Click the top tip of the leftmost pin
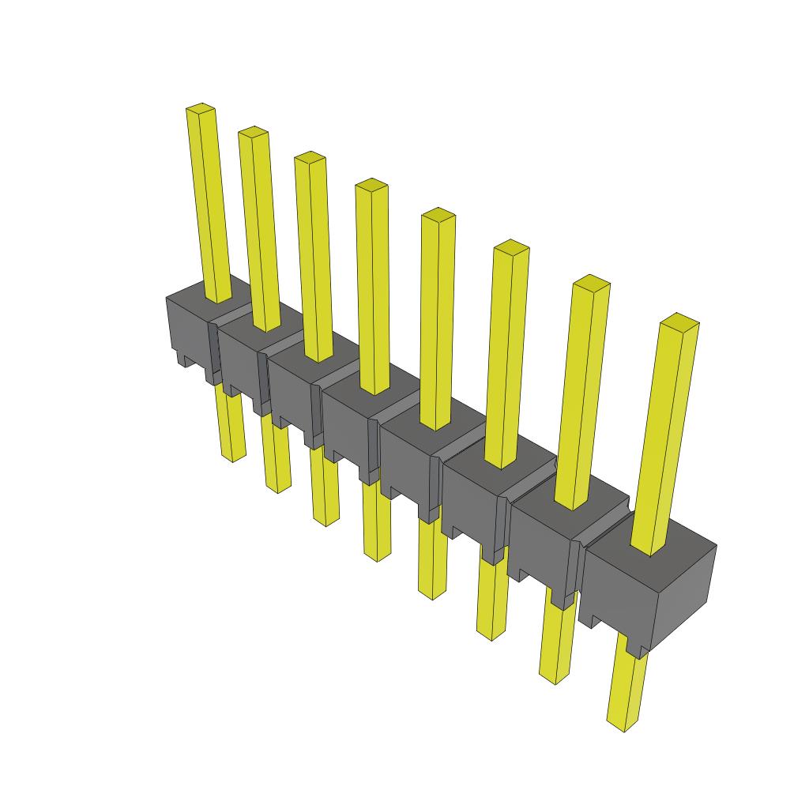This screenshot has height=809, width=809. [201, 108]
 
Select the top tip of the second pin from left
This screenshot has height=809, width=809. [253, 131]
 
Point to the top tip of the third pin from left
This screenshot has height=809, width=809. [310, 157]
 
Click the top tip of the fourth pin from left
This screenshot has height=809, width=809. [371, 185]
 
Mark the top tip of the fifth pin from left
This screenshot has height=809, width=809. [438, 214]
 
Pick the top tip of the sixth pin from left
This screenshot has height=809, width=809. [511, 246]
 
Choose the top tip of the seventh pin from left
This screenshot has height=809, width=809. [591, 281]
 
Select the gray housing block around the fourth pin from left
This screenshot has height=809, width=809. [348, 427]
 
